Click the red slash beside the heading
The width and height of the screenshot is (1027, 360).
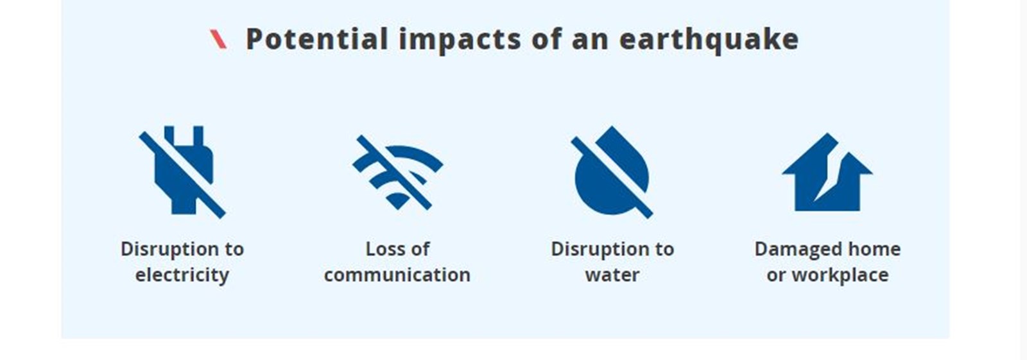click(x=218, y=39)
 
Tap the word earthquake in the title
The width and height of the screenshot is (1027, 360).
click(x=709, y=40)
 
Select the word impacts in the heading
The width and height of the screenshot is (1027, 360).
click(x=460, y=40)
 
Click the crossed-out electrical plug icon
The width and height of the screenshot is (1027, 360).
click(x=182, y=172)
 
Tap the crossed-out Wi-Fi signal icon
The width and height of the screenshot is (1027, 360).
click(x=397, y=173)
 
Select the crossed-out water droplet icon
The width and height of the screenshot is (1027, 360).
click(x=612, y=172)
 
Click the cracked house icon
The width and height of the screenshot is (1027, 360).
click(x=827, y=173)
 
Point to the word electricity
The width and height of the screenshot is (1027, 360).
click(x=182, y=275)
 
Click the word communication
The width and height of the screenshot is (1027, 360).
click(x=397, y=275)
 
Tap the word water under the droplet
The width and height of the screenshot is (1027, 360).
click(x=612, y=275)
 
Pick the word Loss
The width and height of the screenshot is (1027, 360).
click(x=383, y=249)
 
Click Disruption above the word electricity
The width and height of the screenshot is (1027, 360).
click(x=166, y=250)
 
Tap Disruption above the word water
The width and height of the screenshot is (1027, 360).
click(x=597, y=250)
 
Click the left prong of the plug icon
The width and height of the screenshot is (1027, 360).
click(x=169, y=134)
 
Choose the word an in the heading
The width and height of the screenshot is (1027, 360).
click(x=591, y=41)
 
